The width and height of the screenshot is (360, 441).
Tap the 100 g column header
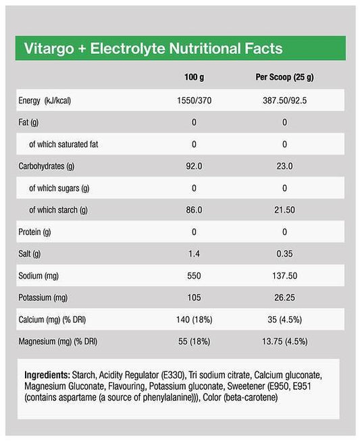coord(194,78)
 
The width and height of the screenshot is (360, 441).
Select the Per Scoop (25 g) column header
coord(284,78)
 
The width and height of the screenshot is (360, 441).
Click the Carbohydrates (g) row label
coord(46,165)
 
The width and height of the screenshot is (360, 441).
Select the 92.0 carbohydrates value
coord(194,165)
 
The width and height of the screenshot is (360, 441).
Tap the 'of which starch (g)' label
coord(58,209)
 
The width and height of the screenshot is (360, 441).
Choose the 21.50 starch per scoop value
coord(284,209)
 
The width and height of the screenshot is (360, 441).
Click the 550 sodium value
coord(194,276)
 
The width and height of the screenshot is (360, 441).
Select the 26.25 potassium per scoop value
coord(284,297)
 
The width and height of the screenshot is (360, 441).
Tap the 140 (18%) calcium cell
coord(194,319)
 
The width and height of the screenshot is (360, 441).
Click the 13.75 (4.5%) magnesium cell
coord(284,342)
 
